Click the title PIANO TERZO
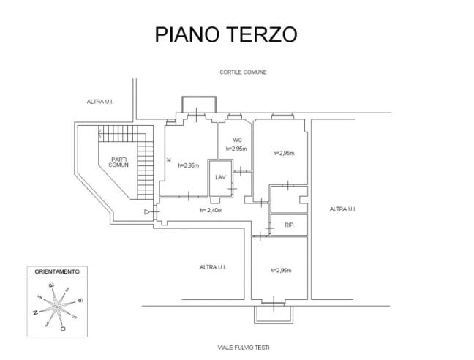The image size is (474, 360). coord(225,35)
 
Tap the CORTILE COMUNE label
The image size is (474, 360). coord(243,72)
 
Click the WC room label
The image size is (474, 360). coord(237,140)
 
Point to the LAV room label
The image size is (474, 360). coord(219,177)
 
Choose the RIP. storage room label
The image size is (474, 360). coord(289,225)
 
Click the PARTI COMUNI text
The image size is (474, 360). coord(119,162)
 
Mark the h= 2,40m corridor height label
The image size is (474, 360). coord(211,211)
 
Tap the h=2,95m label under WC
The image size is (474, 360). coord(236,149)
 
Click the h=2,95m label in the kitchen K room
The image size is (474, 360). coord(189,165)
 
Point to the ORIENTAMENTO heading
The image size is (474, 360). coord(57,271)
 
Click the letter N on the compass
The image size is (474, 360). coord(36,312)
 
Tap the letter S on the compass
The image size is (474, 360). coord(81,300)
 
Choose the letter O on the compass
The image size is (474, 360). coord(64,329)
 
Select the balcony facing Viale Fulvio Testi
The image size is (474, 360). coord(273,314)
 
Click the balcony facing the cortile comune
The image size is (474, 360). coord(198,105)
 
